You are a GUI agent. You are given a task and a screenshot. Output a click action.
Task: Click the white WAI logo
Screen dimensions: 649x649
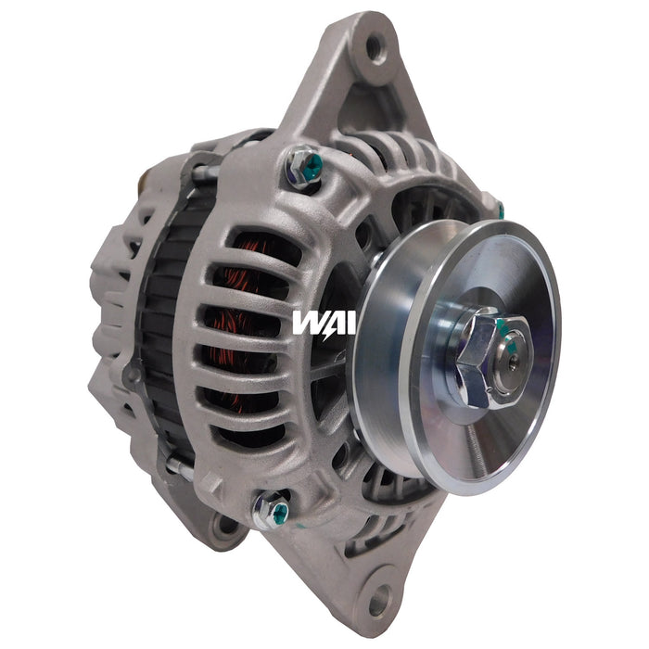point(318,322)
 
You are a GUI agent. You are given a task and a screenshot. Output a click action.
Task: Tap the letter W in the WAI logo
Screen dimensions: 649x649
point(305,322)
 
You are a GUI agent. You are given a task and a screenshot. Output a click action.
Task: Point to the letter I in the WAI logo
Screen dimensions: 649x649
point(338,322)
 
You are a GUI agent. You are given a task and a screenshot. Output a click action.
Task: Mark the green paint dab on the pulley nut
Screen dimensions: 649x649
point(502,325)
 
